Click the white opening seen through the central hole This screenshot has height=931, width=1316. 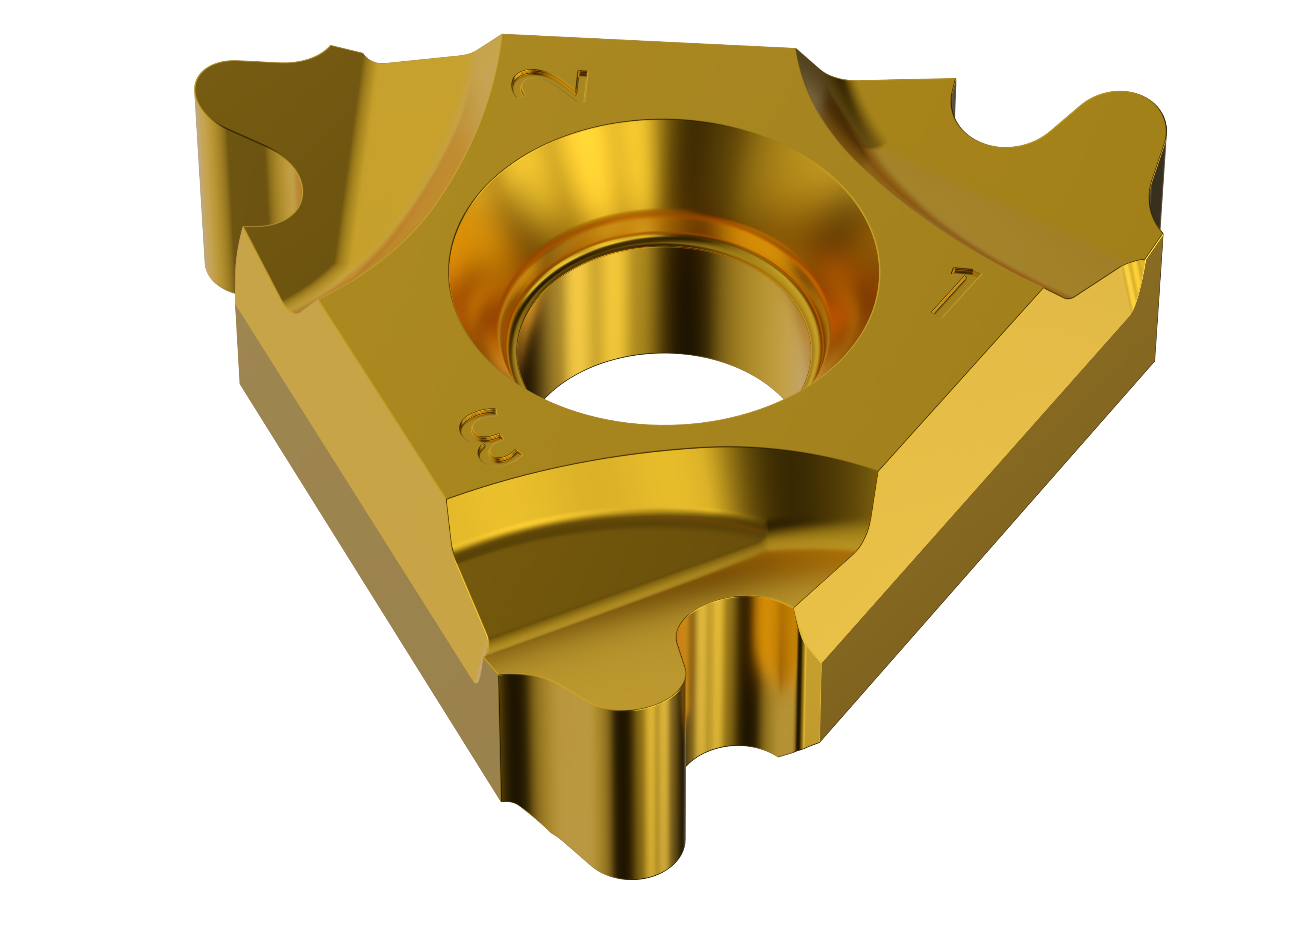point(664,390)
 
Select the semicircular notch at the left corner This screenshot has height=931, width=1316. point(275,189)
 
